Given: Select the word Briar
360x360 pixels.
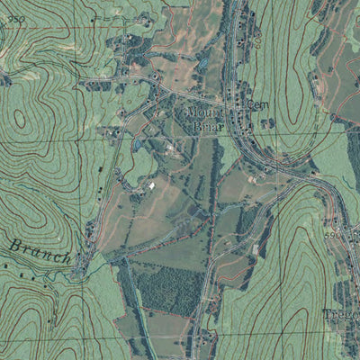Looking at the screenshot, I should click(206, 128).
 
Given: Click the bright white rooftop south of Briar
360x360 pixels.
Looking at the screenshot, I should click(151, 185).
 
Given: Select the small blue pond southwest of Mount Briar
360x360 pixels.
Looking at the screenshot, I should click(137, 144).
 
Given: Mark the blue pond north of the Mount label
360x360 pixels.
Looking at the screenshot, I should click(204, 64).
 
